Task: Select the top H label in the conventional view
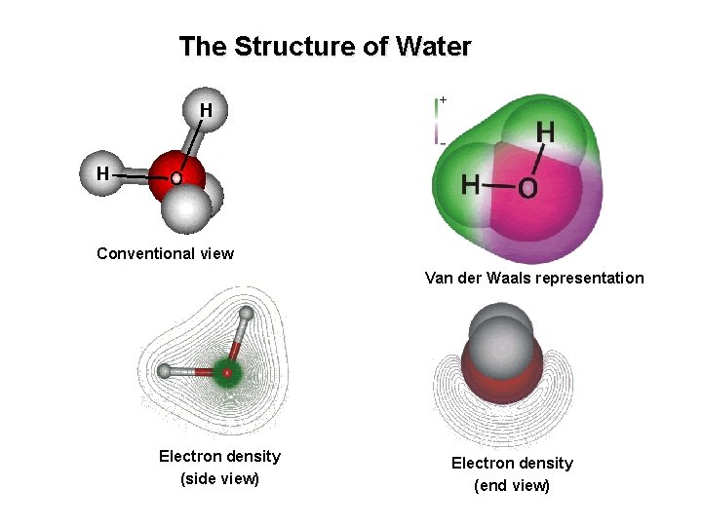[206, 109]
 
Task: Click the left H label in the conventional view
[101, 173]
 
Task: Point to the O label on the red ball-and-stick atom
[175, 180]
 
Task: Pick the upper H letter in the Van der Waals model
[546, 131]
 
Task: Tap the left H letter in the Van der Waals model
[471, 184]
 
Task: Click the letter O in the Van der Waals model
[526, 188]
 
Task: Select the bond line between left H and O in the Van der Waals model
[498, 185]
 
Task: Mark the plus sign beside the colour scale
[443, 99]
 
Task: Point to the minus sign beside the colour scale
[443, 142]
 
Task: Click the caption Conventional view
[165, 254]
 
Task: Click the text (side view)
[219, 478]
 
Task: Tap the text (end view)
[511, 485]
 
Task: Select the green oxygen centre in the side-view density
[227, 371]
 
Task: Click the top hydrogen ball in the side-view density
[247, 314]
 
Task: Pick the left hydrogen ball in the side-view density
[165, 371]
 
